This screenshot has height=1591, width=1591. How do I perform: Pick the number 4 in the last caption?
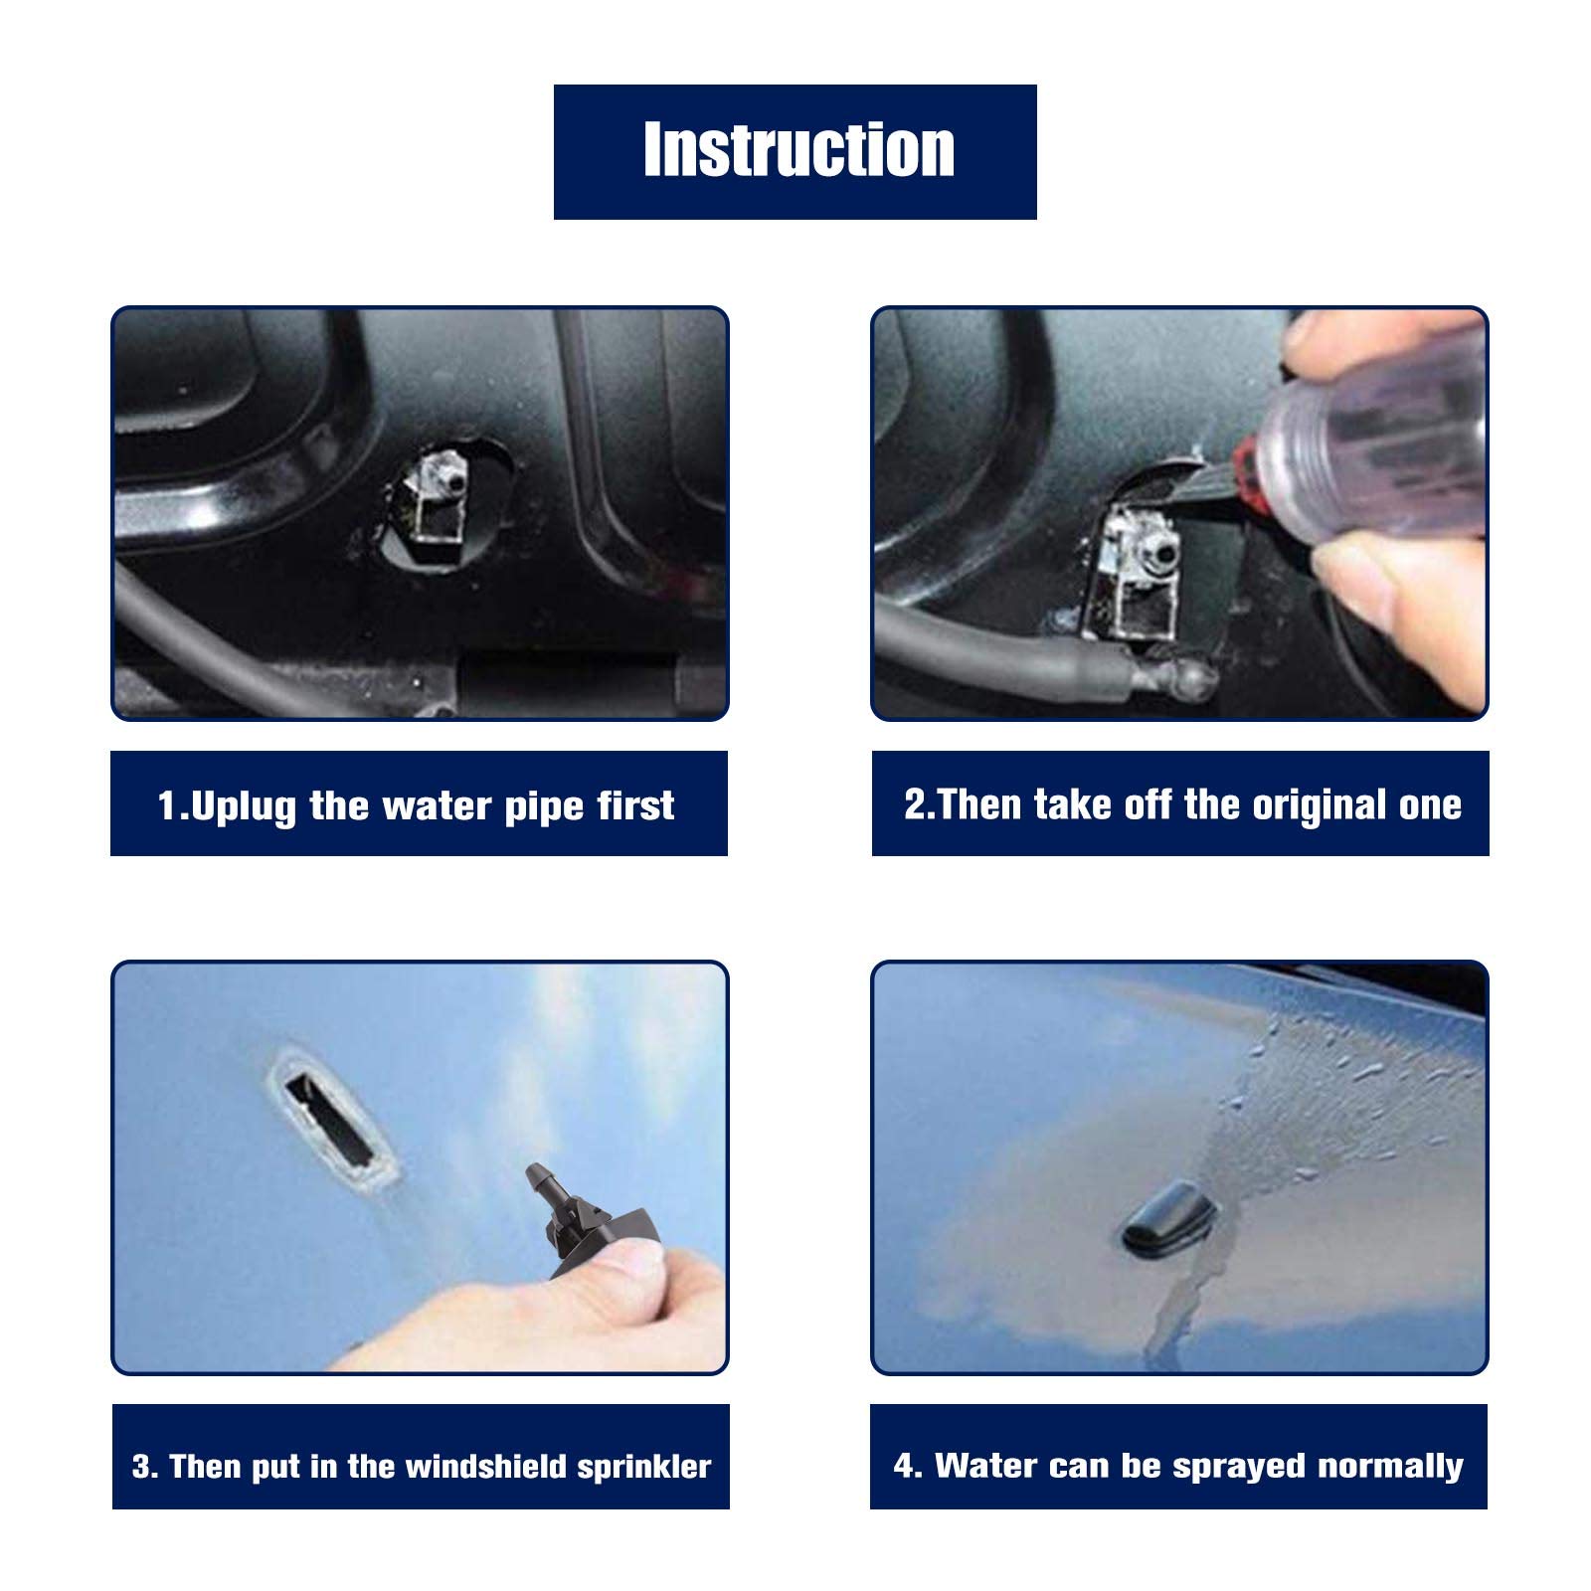coord(905,1466)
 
